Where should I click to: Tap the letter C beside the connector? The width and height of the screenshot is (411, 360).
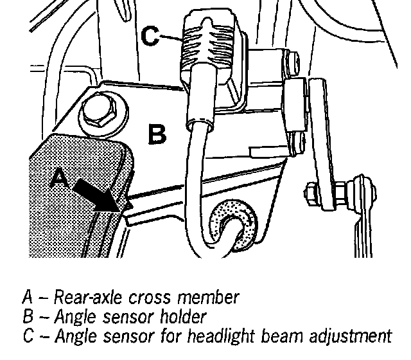tap(150, 37)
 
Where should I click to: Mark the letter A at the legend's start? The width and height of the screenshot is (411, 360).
tap(27, 298)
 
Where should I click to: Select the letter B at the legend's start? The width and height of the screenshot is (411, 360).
tap(27, 316)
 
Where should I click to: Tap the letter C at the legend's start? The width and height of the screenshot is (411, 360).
tap(27, 336)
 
